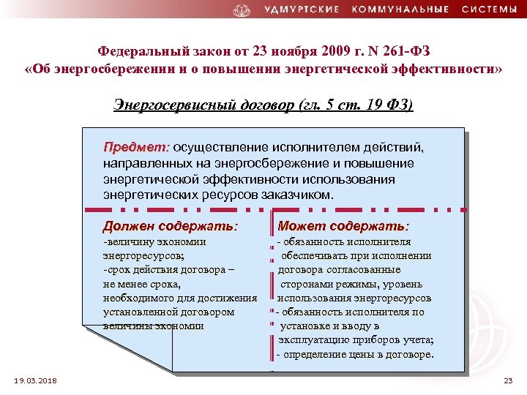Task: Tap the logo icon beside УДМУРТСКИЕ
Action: click(x=242, y=10)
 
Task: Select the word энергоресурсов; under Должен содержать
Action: click(x=144, y=255)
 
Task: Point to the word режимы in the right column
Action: click(x=344, y=284)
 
